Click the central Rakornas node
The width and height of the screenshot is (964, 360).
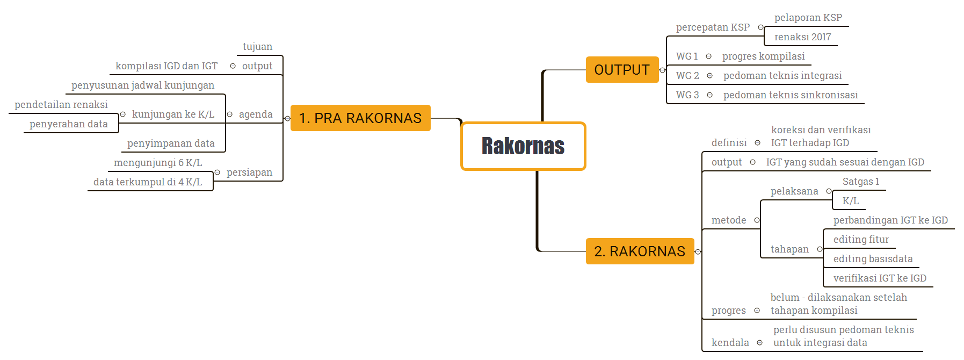(523, 146)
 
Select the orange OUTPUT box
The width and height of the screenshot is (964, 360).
(622, 70)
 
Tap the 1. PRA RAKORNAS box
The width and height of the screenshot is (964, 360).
(360, 118)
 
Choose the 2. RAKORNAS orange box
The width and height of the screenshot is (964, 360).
(640, 251)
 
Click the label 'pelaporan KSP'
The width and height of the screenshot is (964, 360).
(808, 18)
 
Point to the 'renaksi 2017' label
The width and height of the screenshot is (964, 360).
(802, 37)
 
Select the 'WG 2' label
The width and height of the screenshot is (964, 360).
(687, 76)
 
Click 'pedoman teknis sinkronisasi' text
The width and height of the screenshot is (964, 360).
(791, 95)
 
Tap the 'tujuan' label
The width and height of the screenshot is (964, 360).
(257, 47)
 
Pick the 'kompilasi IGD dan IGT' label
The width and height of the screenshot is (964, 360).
(166, 66)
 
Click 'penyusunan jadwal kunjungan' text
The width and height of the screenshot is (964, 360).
(143, 85)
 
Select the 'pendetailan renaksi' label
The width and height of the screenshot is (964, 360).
(61, 105)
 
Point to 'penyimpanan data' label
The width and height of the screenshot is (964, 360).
(171, 143)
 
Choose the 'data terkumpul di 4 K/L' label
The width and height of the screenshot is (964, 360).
(148, 182)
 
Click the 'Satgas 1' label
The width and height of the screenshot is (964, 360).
(861, 182)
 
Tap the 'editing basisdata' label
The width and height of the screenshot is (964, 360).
(873, 259)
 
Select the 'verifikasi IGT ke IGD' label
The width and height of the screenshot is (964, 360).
(880, 278)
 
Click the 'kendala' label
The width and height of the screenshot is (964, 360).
(730, 343)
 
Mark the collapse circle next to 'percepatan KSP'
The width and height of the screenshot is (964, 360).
(760, 27)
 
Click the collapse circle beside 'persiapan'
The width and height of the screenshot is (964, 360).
(218, 172)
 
